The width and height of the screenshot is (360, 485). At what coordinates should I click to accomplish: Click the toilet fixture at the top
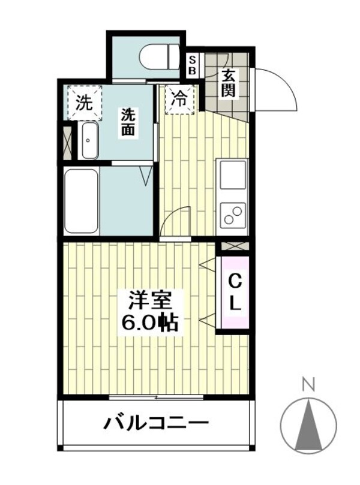tap(160, 58)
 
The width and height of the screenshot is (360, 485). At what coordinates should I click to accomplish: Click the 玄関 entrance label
tap(229, 83)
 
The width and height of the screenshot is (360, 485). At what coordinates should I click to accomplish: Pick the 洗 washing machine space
tap(84, 103)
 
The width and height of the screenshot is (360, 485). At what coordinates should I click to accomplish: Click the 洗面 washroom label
tap(127, 122)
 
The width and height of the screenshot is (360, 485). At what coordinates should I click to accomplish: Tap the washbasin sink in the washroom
tap(89, 141)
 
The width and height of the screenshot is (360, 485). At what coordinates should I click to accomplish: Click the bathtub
tap(82, 201)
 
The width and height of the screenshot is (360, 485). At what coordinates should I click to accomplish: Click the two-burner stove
tap(233, 215)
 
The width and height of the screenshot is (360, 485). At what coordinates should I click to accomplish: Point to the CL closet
tap(235, 292)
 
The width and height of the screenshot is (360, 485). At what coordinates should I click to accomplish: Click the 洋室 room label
tap(149, 300)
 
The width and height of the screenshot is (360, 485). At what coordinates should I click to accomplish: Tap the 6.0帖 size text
tap(149, 323)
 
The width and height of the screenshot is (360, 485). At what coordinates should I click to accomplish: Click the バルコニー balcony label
tap(157, 424)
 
